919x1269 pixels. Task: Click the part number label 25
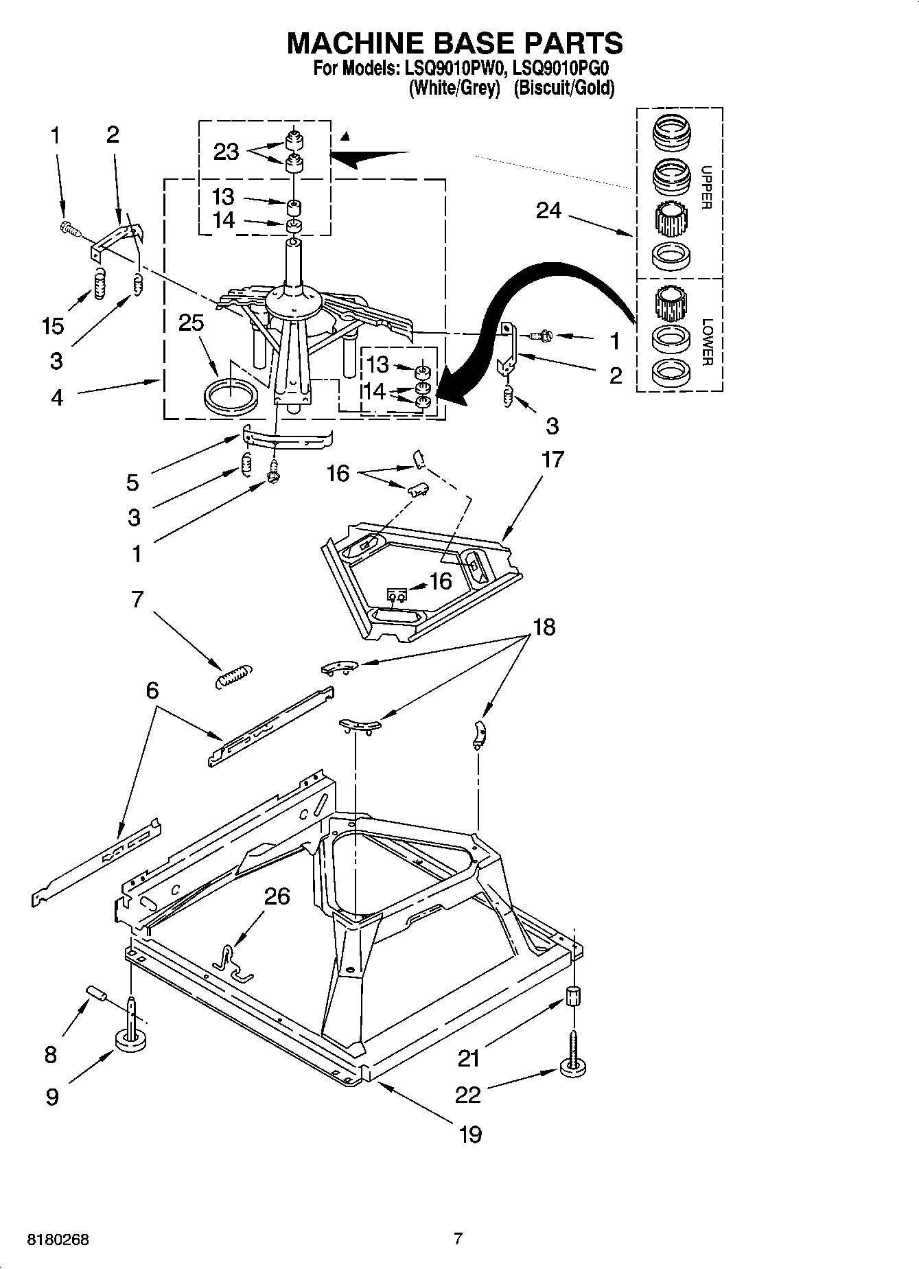tap(191, 323)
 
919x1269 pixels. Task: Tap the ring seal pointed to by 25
tap(232, 397)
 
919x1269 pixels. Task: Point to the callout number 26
tap(277, 896)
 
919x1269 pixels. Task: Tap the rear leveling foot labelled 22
tap(574, 1067)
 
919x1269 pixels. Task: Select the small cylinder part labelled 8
tap(97, 993)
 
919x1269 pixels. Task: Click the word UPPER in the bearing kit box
tap(706, 187)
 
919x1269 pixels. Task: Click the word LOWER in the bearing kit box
tap(706, 342)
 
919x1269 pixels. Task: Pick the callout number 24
tap(548, 211)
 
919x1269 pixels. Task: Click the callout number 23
tap(226, 152)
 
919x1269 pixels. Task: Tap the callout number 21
tap(469, 1058)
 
